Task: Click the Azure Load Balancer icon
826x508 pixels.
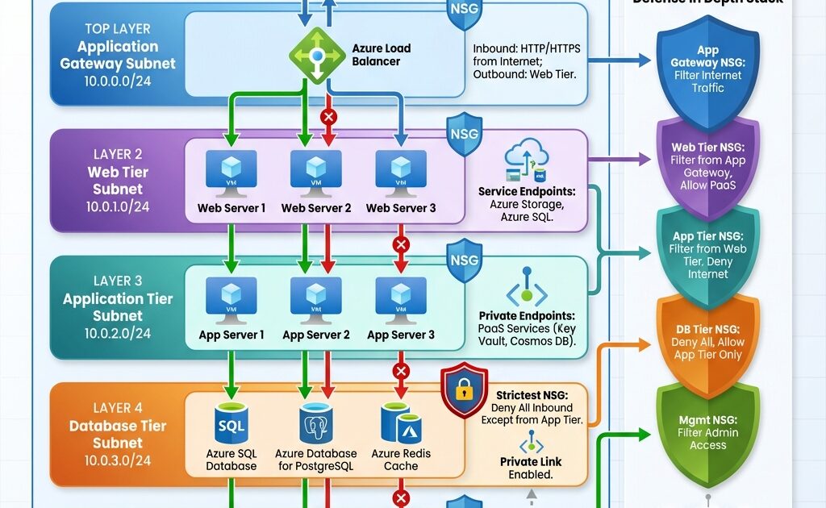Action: [x=317, y=55]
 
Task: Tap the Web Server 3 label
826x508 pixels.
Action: [x=401, y=208]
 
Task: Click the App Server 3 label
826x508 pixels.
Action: [x=401, y=335]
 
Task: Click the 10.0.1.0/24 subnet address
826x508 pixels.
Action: [x=118, y=206]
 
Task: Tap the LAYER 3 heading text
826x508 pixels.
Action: [x=118, y=281]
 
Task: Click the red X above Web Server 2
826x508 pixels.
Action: [x=328, y=117]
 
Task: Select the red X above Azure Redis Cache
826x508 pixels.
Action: [x=401, y=371]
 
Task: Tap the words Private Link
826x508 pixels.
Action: [x=530, y=462]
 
